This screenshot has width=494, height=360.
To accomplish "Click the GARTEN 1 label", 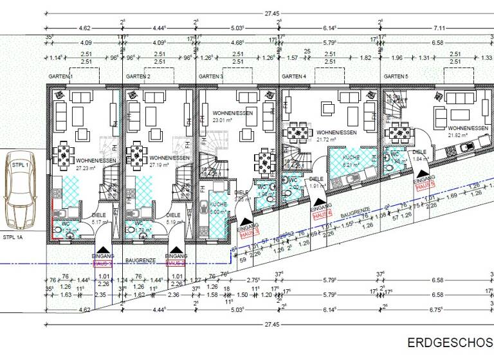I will (x=60, y=76).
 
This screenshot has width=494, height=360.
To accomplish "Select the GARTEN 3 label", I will (x=211, y=76).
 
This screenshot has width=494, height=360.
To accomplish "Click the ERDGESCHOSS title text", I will (x=450, y=341).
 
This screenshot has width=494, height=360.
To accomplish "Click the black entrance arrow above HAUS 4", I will (x=318, y=199).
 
